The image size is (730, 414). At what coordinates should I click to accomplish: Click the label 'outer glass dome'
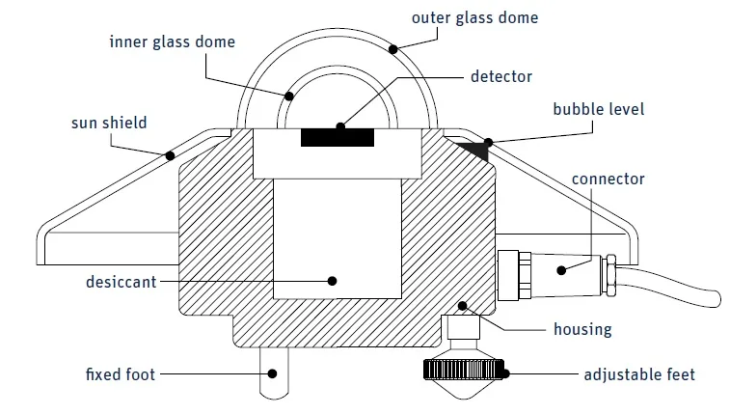(x=474, y=17)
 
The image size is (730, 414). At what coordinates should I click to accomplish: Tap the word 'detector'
(x=500, y=75)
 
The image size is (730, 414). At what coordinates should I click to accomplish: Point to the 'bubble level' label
(x=598, y=109)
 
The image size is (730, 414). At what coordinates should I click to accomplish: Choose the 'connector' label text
(x=608, y=179)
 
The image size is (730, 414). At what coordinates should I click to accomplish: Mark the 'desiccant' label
(x=118, y=282)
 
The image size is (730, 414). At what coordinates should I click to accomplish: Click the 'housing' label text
(x=581, y=329)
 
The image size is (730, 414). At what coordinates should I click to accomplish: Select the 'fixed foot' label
(x=120, y=373)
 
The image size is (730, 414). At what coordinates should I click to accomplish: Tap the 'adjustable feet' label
(x=639, y=373)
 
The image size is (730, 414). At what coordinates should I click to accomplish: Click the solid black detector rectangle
(x=337, y=137)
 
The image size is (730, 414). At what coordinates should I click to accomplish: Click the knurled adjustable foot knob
(x=462, y=368)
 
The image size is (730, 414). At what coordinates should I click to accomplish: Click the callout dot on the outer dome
(x=392, y=47)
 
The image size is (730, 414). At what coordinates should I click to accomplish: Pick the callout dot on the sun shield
(x=170, y=154)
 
